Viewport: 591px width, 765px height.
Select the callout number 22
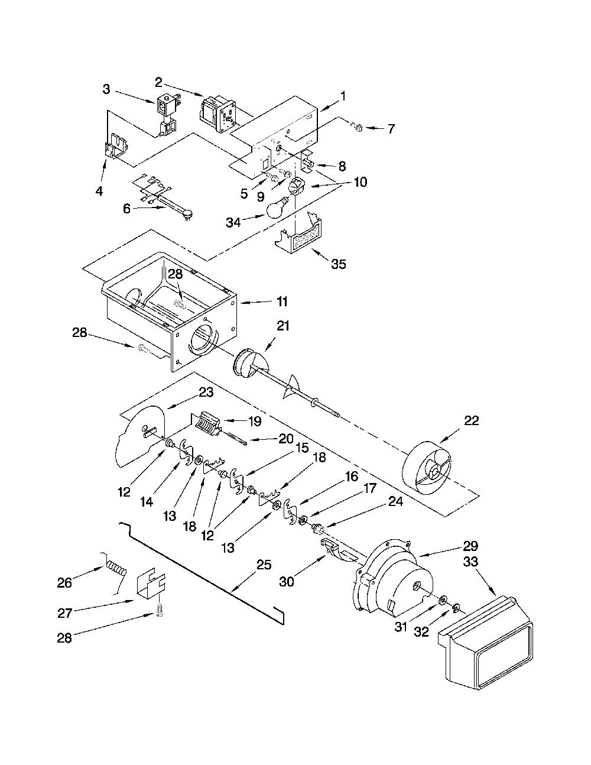[472, 420]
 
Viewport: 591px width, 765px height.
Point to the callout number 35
[339, 264]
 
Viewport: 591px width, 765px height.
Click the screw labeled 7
[358, 128]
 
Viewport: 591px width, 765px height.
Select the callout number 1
[343, 96]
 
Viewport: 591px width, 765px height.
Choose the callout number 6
[126, 209]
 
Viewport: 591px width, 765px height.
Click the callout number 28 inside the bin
[176, 274]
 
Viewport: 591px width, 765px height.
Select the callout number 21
[283, 326]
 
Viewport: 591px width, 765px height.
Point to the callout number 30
[287, 582]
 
